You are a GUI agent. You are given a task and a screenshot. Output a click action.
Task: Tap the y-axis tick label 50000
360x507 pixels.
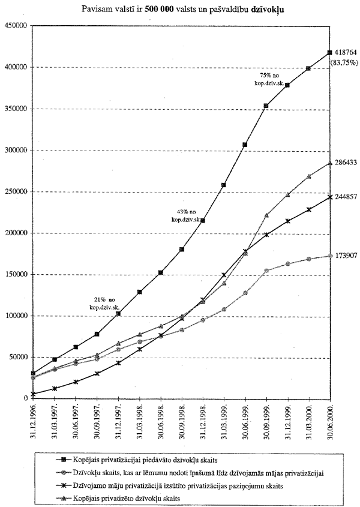click(x=17, y=357)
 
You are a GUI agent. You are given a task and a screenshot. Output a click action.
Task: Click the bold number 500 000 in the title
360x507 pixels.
click(x=166, y=10)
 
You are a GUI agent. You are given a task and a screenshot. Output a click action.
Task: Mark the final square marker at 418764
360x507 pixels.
click(x=329, y=53)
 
